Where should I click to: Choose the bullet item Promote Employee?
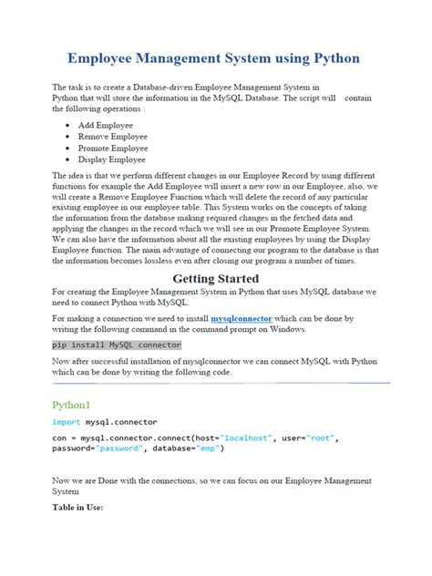coord(112,148)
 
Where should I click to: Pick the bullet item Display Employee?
coord(111,159)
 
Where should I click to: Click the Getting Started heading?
coord(216,278)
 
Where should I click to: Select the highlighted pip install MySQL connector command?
coord(117,345)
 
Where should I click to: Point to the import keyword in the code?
coord(67,422)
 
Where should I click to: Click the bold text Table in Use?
coord(77,507)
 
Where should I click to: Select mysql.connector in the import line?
coord(121,422)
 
